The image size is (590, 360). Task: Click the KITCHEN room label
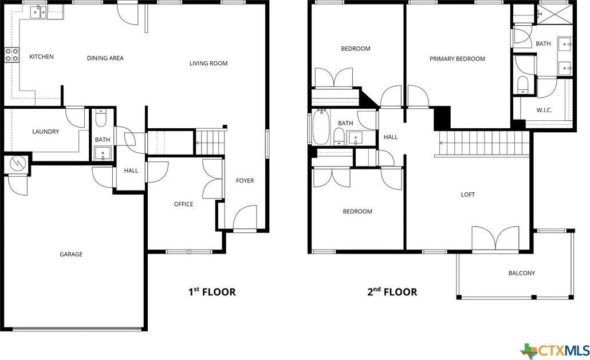(x=41, y=57)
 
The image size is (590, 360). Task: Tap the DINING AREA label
(x=105, y=58)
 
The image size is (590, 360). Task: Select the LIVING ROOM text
(x=209, y=63)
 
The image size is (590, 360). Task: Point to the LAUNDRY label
(x=45, y=132)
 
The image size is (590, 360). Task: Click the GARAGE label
(x=71, y=254)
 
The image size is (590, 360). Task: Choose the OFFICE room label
(x=183, y=204)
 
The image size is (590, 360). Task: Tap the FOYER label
(x=245, y=181)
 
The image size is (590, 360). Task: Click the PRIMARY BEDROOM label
(x=457, y=58)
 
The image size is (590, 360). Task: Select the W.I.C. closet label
(x=544, y=110)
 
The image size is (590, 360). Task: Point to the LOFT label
(x=468, y=195)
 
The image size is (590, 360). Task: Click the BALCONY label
(x=521, y=273)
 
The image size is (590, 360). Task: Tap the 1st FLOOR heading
(x=212, y=292)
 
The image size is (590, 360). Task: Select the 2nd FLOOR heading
(x=392, y=292)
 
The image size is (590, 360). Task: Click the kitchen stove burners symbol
(x=11, y=54)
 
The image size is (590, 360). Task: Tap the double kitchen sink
(x=39, y=11)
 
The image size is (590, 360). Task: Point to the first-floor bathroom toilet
(x=101, y=119)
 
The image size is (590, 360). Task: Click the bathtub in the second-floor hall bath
(x=320, y=126)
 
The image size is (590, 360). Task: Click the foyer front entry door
(x=245, y=218)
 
